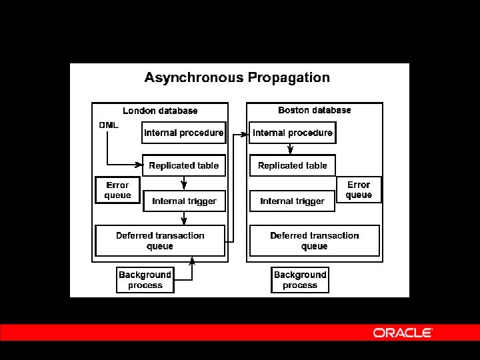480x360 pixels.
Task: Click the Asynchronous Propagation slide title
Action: [x=237, y=77]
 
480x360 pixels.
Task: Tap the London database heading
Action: [x=160, y=111]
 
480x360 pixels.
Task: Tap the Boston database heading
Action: [x=315, y=110]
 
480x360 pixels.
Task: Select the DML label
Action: [x=109, y=125]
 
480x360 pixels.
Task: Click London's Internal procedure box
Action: [x=184, y=133]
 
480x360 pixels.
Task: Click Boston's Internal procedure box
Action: [x=293, y=133]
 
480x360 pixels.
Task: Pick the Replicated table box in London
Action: [x=184, y=165]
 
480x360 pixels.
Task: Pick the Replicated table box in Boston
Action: [x=293, y=165]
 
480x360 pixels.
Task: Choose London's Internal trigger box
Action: [x=184, y=201]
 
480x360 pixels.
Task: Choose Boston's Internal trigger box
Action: [x=293, y=201]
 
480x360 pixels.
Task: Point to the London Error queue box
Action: [x=117, y=190]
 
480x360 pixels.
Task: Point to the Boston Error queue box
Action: [x=359, y=189]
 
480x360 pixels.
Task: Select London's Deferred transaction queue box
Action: [x=160, y=241]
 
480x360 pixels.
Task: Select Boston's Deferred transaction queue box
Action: [x=315, y=241]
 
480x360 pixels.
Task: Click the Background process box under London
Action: [x=145, y=280]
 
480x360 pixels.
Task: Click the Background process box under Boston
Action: [x=300, y=280]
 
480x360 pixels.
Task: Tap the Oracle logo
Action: [x=403, y=333]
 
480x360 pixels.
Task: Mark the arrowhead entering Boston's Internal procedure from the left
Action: [x=244, y=134]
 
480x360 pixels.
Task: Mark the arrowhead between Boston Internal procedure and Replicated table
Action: [x=290, y=151]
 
